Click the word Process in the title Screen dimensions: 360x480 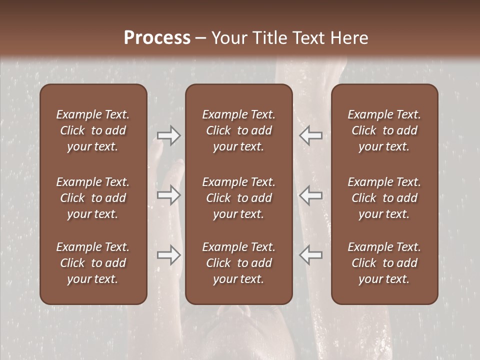tap(157, 38)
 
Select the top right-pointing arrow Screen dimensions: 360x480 tap(169, 135)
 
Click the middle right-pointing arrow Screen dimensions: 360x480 tap(169, 195)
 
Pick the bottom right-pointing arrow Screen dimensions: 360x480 tap(169, 255)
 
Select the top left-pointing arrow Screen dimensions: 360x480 tap(310, 135)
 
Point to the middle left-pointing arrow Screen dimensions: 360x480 tap(310, 195)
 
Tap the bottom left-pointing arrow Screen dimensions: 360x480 tap(310, 255)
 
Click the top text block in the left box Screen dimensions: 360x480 tap(93, 130)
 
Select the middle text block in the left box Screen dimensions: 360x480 tap(93, 198)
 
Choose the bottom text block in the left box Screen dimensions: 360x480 tap(93, 263)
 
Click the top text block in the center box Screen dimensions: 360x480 tap(238, 130)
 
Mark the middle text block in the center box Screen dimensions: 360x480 tap(238, 198)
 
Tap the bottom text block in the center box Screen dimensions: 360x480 tap(238, 263)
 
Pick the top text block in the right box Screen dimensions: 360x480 tap(384, 130)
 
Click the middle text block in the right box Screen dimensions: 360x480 tap(384, 198)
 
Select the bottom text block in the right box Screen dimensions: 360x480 tap(384, 263)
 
